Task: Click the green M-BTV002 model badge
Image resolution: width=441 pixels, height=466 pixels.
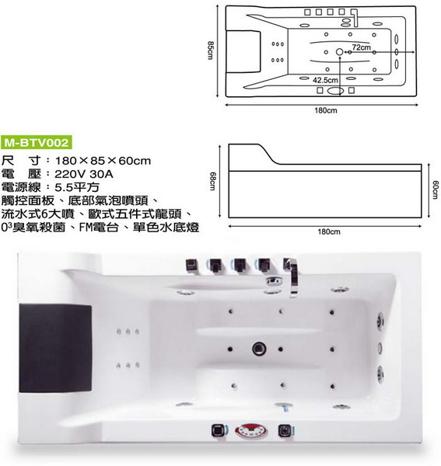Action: coord(37,143)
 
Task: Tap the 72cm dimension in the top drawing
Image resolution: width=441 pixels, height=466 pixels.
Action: coord(362,47)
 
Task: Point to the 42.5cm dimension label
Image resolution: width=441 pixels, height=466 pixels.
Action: coord(325,80)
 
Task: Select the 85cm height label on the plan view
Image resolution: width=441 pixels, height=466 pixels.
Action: coord(210,50)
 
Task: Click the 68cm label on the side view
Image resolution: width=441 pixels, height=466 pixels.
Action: coord(212,181)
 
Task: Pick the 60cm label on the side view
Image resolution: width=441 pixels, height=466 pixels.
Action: coord(435,190)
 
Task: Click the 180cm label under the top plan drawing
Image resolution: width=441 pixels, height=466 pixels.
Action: coord(326,110)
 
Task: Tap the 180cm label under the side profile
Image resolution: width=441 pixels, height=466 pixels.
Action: coord(329,231)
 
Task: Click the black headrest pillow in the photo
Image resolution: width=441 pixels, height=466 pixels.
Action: coord(55,348)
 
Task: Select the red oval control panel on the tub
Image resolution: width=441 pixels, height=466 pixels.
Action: coord(251,431)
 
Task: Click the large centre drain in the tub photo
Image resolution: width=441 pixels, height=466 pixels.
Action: coord(259,348)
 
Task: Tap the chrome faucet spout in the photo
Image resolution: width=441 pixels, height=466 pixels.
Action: coord(292,277)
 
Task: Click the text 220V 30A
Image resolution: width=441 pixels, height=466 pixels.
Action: coord(84,174)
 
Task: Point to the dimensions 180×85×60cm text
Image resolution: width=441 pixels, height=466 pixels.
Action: coord(103,161)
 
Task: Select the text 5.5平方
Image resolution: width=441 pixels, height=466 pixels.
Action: coord(77,187)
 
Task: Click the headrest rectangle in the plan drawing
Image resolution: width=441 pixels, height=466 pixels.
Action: coord(243,51)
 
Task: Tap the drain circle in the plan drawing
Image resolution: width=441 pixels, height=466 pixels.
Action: coord(340,52)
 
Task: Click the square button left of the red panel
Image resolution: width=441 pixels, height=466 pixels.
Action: coord(219,430)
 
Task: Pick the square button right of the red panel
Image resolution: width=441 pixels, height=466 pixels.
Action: coord(285,430)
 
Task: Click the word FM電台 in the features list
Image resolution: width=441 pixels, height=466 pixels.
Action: coord(99,228)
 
